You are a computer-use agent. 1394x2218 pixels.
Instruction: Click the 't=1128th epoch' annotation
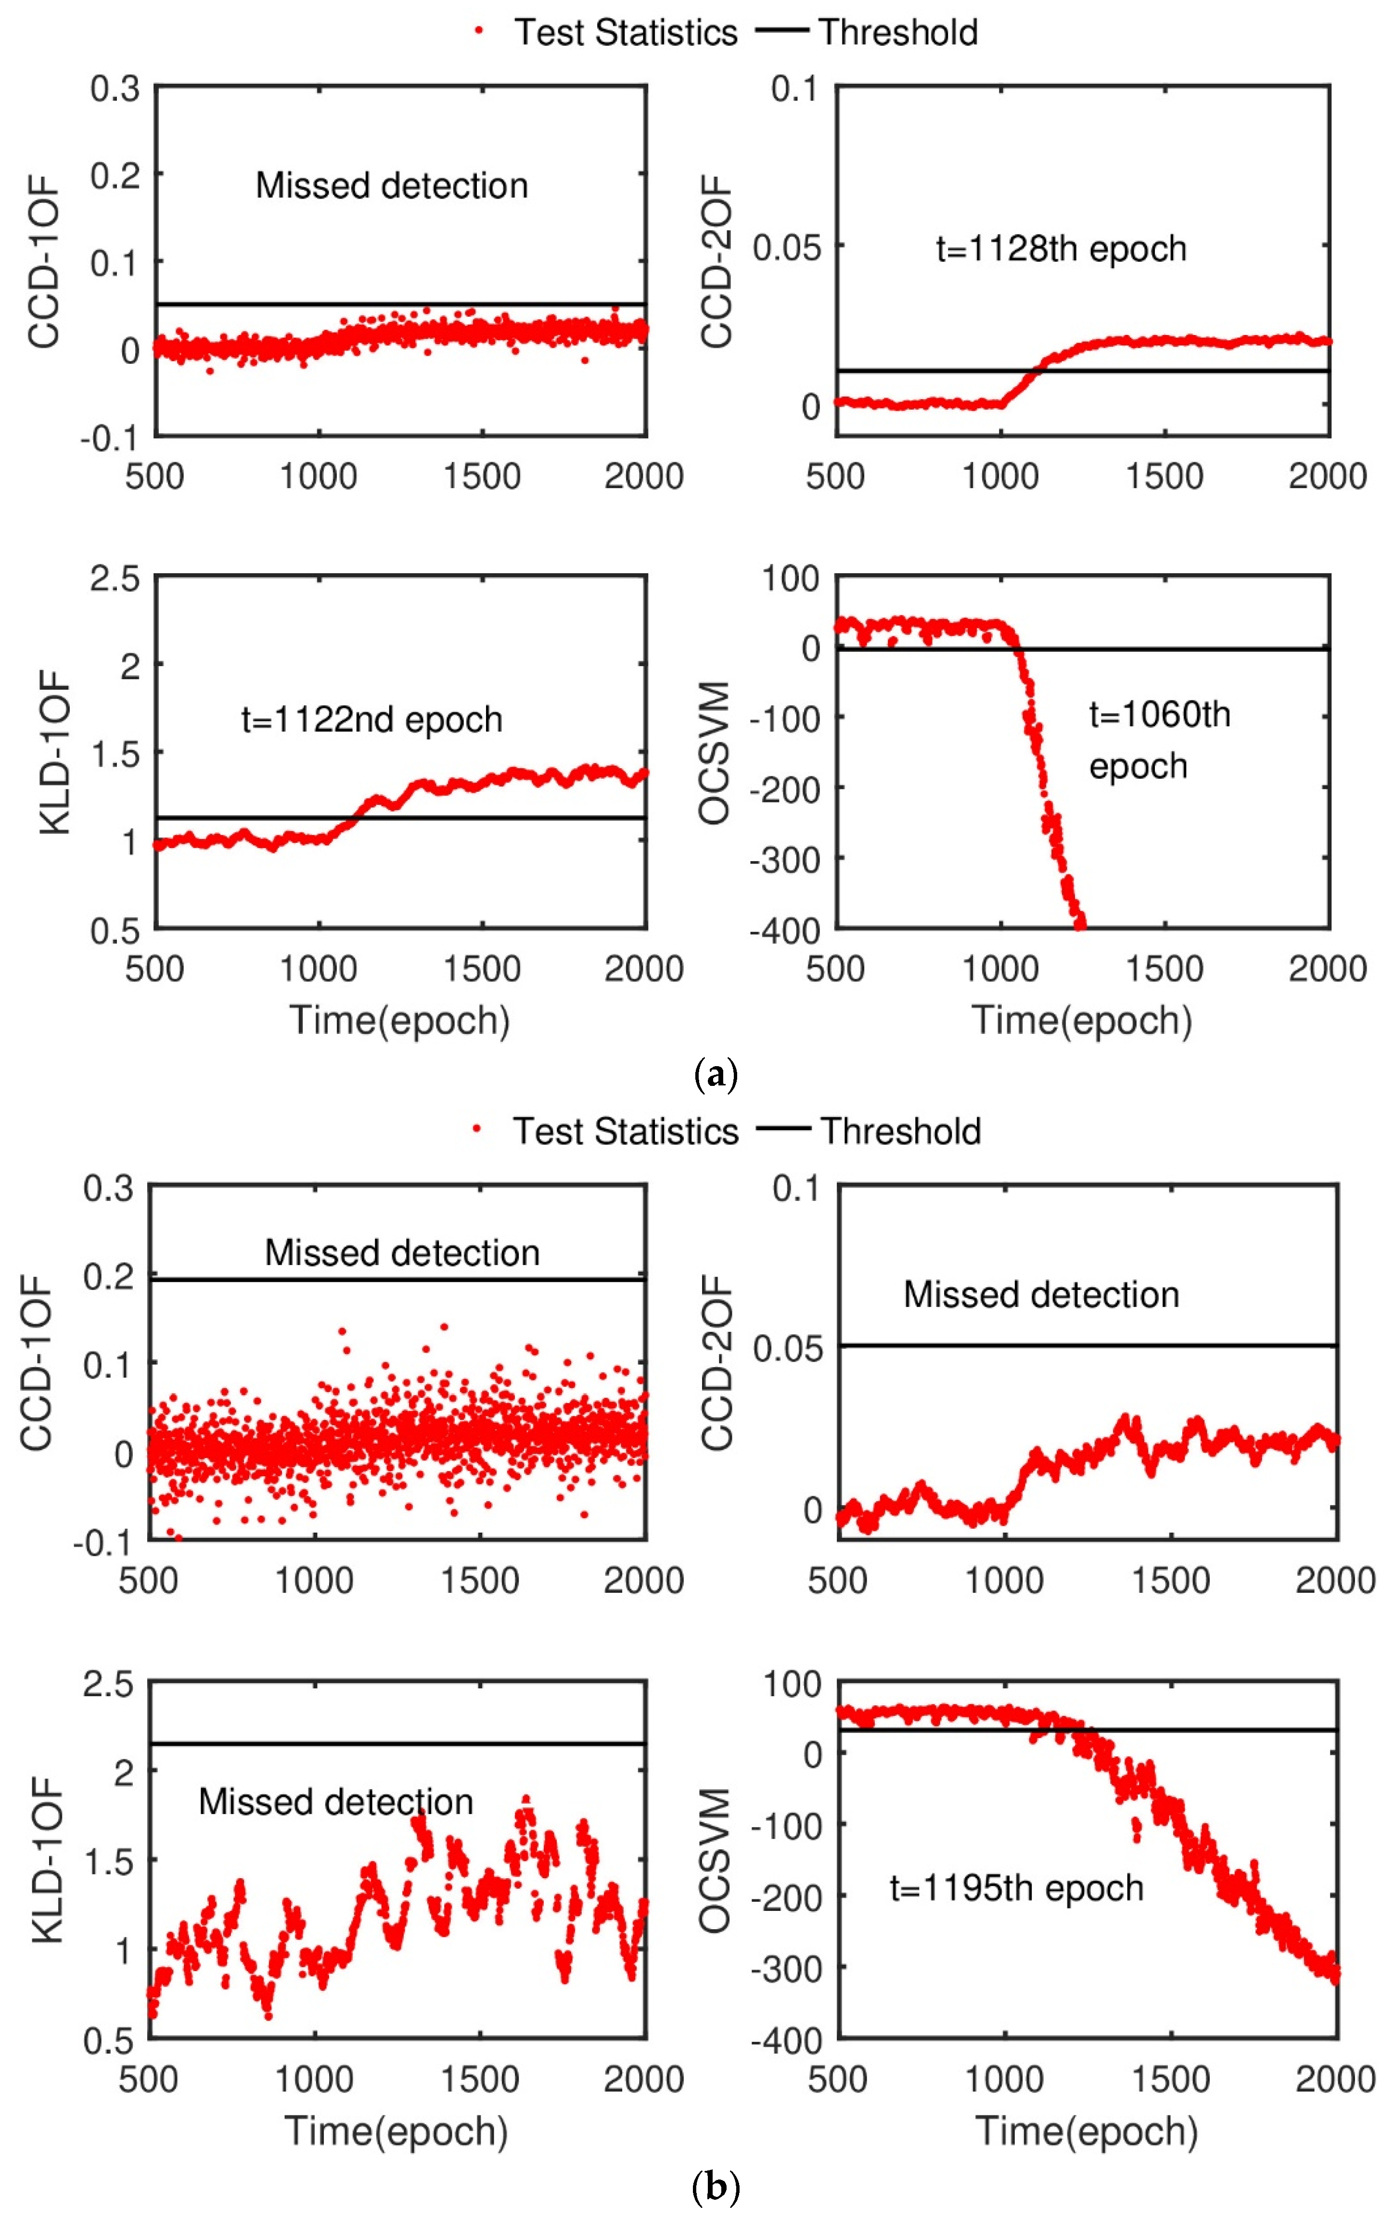(1061, 249)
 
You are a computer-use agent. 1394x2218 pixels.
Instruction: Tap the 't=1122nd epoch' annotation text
(372, 720)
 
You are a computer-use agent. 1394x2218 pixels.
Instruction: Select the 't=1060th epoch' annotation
(1159, 740)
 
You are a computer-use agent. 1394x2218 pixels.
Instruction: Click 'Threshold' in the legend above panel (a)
(898, 32)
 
